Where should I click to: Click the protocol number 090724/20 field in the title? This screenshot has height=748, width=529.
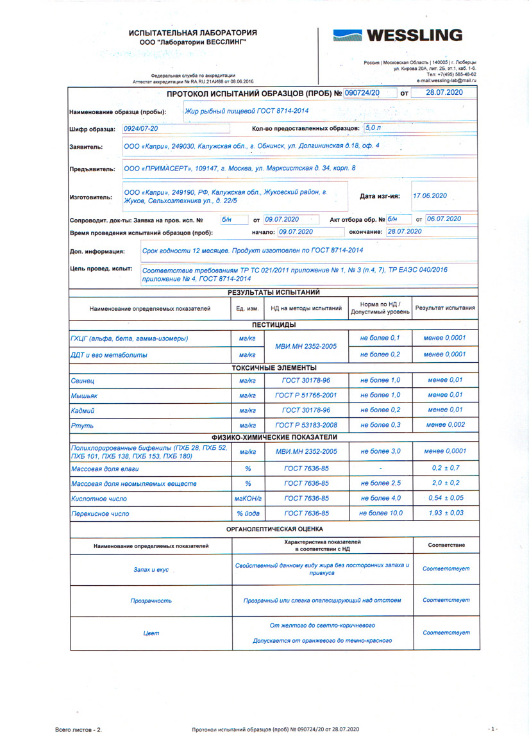point(363,93)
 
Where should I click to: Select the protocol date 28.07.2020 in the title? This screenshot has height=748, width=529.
point(444,93)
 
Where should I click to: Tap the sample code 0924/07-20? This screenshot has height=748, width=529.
point(140,129)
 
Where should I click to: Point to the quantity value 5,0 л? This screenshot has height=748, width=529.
point(373,128)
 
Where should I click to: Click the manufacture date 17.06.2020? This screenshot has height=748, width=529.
point(430,196)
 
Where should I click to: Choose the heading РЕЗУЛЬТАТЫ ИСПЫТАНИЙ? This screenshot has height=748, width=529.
point(274,292)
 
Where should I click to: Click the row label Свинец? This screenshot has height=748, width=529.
point(83,380)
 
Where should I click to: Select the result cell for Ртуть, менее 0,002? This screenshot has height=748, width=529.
point(446,425)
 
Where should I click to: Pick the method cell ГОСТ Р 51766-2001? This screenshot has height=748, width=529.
point(306,395)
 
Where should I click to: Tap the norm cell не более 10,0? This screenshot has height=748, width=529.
point(381,513)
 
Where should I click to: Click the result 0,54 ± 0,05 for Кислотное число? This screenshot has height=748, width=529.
point(446,498)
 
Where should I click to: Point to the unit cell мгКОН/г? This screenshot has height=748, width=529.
point(248,499)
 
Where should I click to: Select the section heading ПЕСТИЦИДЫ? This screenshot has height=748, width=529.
point(274,325)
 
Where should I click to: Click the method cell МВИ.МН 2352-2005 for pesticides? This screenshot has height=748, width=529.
point(306,346)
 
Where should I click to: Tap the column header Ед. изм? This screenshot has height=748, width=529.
point(248,308)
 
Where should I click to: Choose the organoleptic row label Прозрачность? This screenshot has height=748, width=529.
point(151,601)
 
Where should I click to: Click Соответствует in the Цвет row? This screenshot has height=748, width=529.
point(446,633)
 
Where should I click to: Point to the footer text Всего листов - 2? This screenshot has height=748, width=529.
point(79,729)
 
